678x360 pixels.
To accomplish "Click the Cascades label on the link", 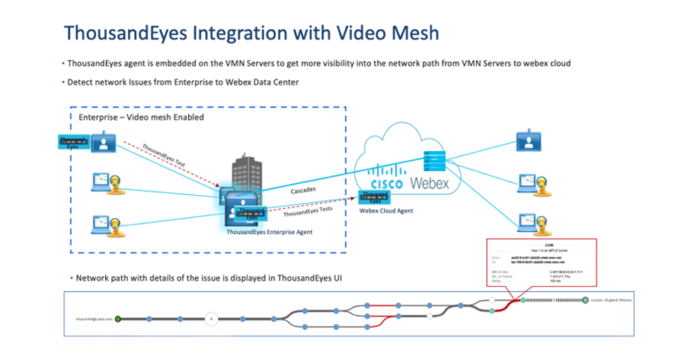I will pos(304,190).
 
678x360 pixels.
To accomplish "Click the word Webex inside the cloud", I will pos(430,183).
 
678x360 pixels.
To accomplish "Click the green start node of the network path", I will pos(118,318).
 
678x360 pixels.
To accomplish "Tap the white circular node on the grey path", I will pos(210,318).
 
